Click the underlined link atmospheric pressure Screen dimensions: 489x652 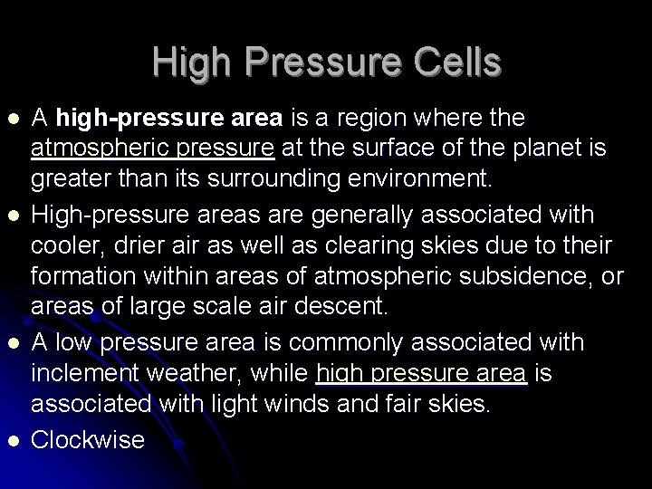coord(152,148)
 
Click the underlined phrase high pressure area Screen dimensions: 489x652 coord(421,373)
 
